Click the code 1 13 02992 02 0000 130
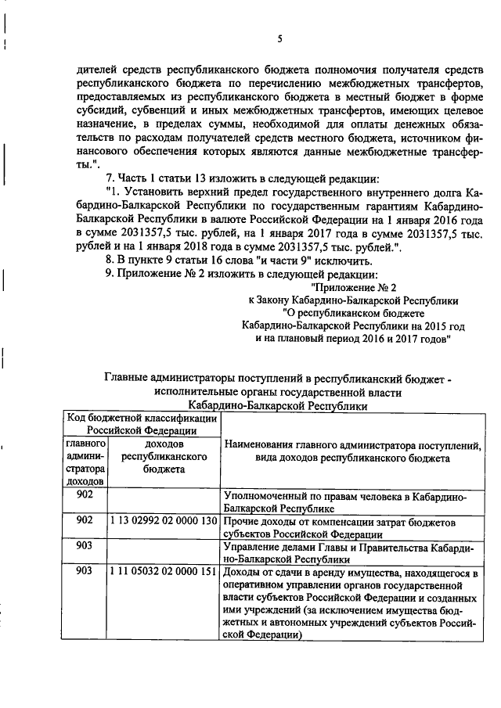tap(163, 520)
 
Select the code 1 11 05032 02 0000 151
tap(163, 572)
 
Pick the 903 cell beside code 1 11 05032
tap(85, 572)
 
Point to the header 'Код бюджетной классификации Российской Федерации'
tap(142, 424)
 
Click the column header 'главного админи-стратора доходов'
tap(85, 462)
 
